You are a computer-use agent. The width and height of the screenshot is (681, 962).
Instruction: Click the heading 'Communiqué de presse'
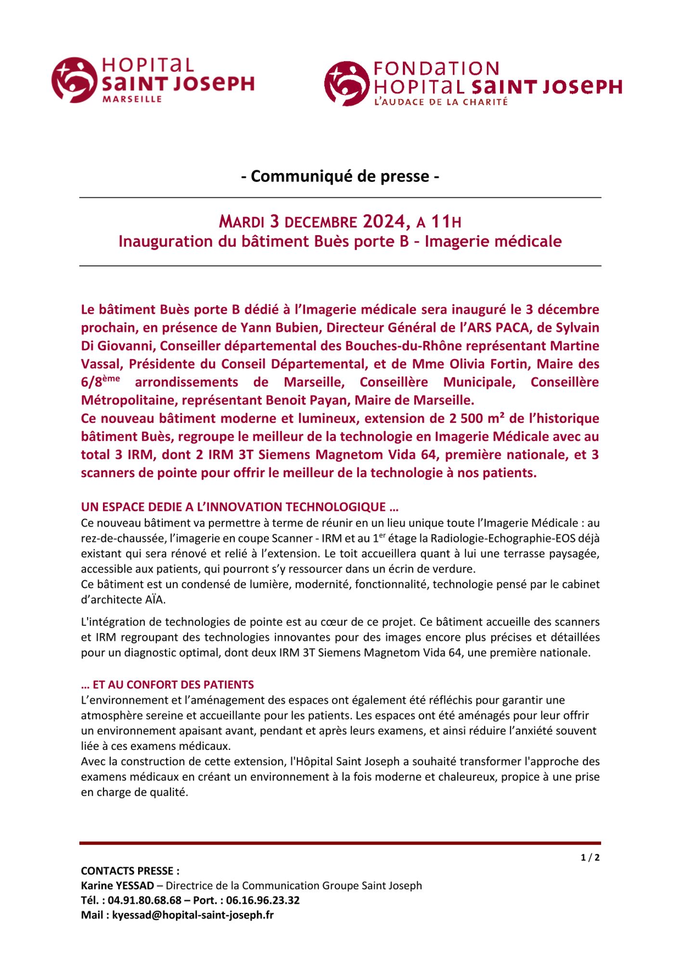340,177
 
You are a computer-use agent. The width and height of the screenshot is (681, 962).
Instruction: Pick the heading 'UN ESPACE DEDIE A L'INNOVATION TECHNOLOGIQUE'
240,507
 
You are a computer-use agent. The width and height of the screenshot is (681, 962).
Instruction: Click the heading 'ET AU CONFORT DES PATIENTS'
173,684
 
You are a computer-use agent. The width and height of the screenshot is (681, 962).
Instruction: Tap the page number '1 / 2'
590,858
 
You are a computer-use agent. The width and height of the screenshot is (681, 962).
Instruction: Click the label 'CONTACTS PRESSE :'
130,871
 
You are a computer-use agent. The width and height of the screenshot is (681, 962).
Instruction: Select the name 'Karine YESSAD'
117,886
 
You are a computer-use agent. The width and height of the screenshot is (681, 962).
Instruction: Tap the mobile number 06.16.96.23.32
263,900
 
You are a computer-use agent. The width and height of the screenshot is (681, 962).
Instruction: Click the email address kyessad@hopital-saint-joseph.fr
193,915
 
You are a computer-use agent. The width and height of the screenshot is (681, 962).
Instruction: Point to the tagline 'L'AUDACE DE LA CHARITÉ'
441,102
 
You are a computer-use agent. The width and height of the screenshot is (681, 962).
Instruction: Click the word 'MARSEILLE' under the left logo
132,99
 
